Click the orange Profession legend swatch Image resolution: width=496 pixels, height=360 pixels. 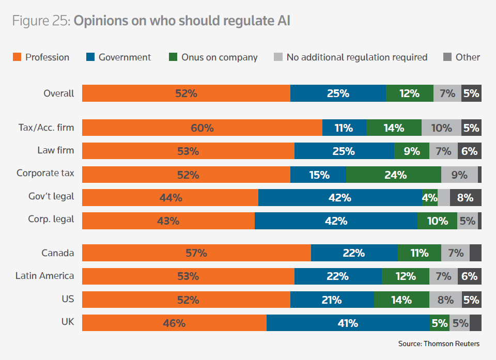click(17, 57)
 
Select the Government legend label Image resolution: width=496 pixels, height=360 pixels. click(125, 57)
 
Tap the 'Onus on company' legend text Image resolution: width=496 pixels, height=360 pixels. click(219, 57)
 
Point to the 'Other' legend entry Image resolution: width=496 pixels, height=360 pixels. click(468, 57)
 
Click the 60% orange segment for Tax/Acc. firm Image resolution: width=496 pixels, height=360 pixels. click(202, 128)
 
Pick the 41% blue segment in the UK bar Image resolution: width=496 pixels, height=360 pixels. click(348, 323)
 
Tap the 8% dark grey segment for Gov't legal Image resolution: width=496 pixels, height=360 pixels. click(466, 197)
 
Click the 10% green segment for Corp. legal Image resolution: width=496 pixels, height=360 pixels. click(437, 221)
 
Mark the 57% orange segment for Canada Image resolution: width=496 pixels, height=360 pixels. click(196, 253)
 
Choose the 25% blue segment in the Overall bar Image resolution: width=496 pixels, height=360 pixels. click(338, 93)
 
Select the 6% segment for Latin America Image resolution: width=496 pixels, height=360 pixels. click(470, 276)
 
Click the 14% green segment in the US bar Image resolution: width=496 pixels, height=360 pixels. click(401, 300)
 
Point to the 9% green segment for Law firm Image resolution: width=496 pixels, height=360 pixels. click(411, 151)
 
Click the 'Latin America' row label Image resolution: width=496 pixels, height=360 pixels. click(45, 276)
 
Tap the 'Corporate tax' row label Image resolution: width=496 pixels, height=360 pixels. click(45, 174)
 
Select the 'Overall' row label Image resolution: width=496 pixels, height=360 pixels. click(59, 93)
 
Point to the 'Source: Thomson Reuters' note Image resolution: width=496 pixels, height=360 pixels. click(439, 343)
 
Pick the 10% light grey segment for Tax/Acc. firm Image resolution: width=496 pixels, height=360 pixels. click(441, 128)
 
